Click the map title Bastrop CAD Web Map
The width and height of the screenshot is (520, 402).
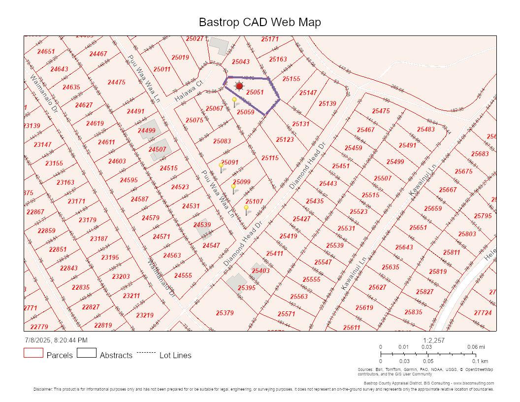click(260, 22)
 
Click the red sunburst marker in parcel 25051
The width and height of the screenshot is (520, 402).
click(239, 86)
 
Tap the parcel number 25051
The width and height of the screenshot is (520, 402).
click(255, 92)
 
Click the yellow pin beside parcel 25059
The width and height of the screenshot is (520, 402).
click(235, 101)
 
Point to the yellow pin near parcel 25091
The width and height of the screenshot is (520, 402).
click(221, 167)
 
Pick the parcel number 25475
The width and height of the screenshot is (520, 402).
click(381, 111)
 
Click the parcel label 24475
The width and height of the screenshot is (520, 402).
click(116, 82)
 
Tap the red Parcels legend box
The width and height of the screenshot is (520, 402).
click(33, 353)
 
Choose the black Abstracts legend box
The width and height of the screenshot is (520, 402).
click(86, 353)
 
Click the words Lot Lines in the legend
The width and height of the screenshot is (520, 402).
click(175, 355)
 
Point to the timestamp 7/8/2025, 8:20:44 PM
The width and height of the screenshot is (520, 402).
click(56, 340)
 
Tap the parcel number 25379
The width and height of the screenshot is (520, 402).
click(225, 312)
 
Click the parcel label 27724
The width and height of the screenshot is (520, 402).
click(483, 312)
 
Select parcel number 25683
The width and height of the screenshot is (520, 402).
click(480, 154)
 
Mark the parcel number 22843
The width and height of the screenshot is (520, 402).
click(68, 268)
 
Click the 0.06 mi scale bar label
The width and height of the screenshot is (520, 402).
click(476, 347)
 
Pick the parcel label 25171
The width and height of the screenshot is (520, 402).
click(270, 39)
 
